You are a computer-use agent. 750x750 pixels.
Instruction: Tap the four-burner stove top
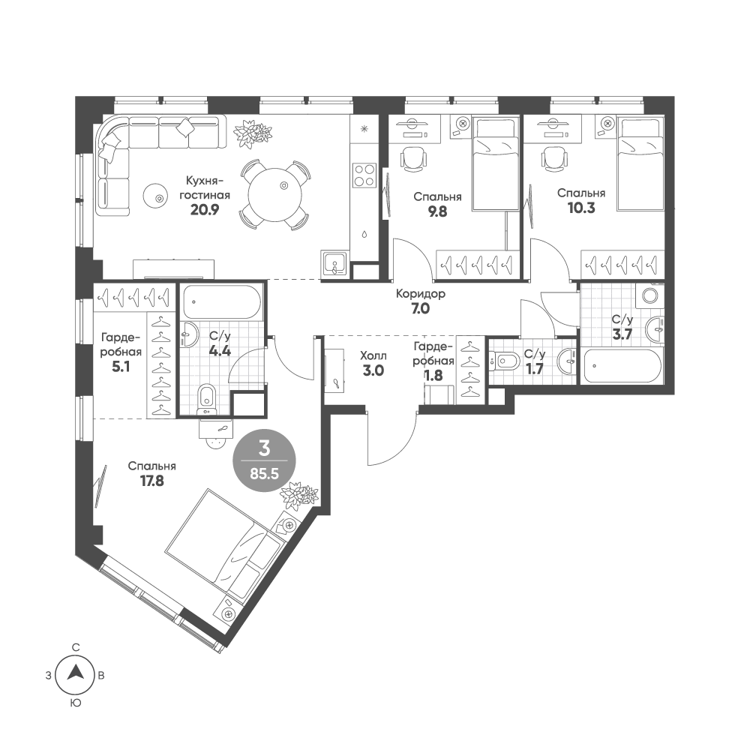click(x=364, y=175)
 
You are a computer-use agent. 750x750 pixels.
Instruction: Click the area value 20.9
click(x=204, y=211)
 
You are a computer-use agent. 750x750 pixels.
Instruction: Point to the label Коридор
click(x=421, y=294)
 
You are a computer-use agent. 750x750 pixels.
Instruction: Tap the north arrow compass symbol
click(x=75, y=675)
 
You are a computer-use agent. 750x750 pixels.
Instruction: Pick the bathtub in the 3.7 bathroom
click(x=622, y=366)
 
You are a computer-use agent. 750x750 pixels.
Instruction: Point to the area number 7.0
click(x=421, y=308)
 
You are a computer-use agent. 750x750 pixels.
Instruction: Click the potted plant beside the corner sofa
click(x=253, y=133)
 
